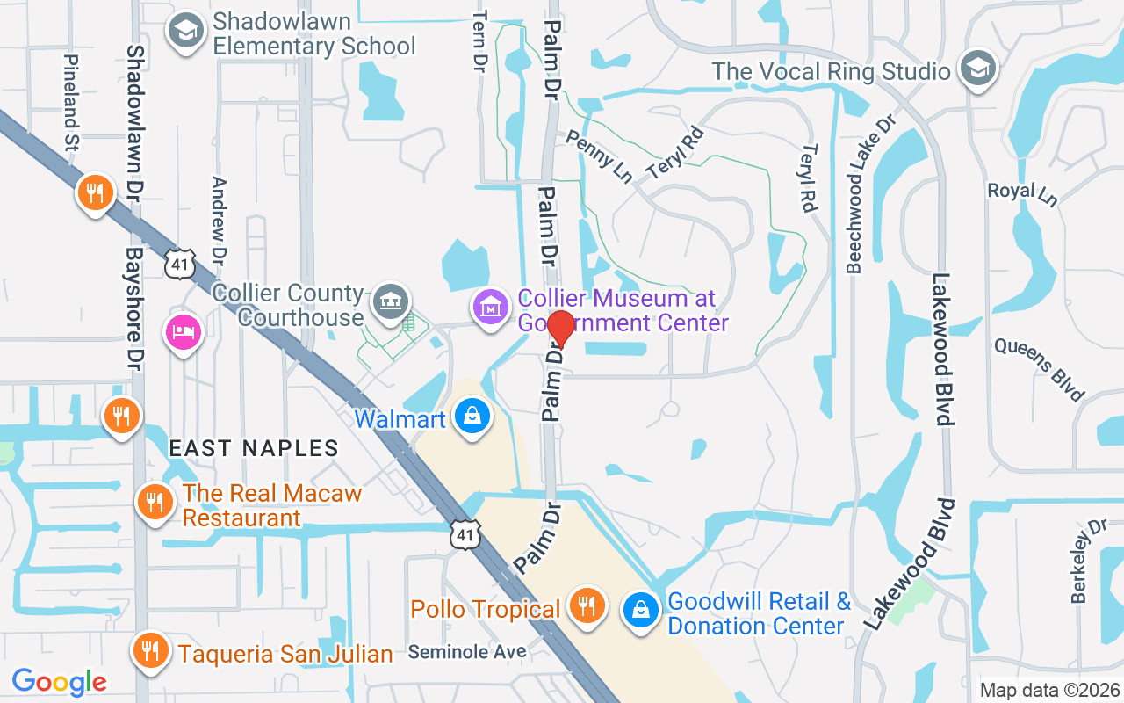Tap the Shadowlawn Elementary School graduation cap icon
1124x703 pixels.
(x=185, y=33)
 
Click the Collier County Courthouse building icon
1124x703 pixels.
(x=389, y=303)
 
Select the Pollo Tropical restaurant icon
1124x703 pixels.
(x=585, y=607)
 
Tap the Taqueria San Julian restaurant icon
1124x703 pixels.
(x=151, y=651)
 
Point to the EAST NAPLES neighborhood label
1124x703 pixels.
(x=254, y=448)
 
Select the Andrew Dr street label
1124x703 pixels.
(x=219, y=220)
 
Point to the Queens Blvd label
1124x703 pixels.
(x=1040, y=369)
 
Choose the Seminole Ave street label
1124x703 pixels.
(x=467, y=651)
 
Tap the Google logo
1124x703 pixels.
(x=59, y=681)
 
